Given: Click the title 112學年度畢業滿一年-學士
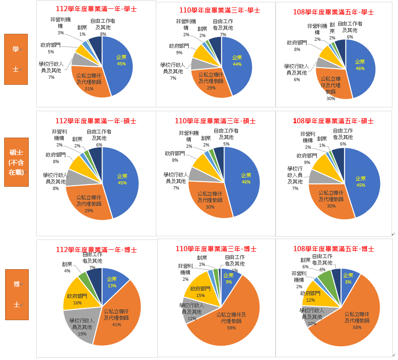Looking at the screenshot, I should pyautogui.click(x=96, y=9).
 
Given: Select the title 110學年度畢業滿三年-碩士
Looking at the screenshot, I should pyautogui.click(x=215, y=121).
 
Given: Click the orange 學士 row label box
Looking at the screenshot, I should pyautogui.click(x=16, y=59).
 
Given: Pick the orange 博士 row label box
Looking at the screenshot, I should pyautogui.click(x=16, y=294).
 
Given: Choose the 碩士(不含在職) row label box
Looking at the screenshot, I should pyautogui.click(x=16, y=162).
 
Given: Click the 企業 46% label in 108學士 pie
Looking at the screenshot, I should pyautogui.click(x=360, y=65).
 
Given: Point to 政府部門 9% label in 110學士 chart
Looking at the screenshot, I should pyautogui.click(x=179, y=49).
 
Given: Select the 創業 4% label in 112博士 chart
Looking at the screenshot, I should pyautogui.click(x=67, y=267).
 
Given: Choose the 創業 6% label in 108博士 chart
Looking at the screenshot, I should pyautogui.click(x=305, y=263).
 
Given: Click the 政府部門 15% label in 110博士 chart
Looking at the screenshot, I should pyautogui.click(x=200, y=291).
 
